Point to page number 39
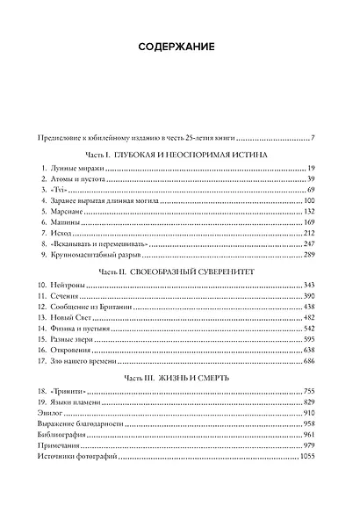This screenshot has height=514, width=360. tap(311, 178)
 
